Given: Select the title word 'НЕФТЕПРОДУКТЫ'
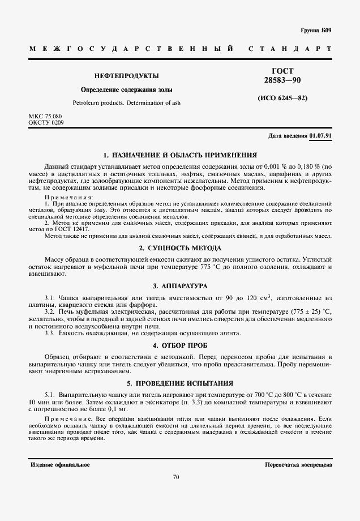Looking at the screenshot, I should tap(126, 76).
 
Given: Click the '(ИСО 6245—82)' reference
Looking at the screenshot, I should tap(282, 98).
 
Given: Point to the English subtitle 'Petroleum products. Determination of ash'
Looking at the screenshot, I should tap(126, 103).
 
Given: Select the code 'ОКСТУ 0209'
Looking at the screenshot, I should tap(46, 122).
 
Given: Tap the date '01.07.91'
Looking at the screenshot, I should tap(321, 136).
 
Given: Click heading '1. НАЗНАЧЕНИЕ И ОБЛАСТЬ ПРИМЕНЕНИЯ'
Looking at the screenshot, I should tap(180, 154).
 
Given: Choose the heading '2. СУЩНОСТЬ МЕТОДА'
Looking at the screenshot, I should tap(180, 248).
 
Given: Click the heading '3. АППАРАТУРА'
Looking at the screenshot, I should tap(180, 287).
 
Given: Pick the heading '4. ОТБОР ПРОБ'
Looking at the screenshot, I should tap(180, 345).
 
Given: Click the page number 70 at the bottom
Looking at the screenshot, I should tap(176, 477).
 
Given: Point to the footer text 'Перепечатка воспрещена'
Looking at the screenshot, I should tap(298, 464).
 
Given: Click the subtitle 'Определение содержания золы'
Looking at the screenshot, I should tap(126, 89).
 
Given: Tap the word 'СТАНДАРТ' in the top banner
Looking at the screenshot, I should tap(290, 49).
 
